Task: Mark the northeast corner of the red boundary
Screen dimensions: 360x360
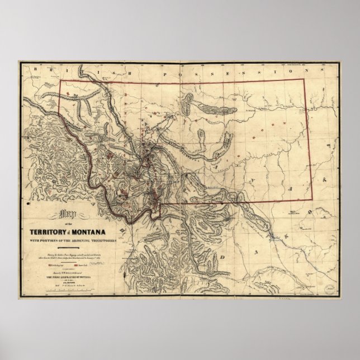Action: tap(303, 79)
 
